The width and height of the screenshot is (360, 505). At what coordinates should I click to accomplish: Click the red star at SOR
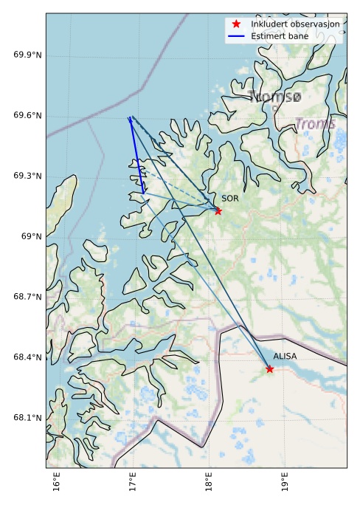pos(218,211)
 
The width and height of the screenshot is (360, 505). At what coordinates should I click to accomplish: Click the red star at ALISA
pos(269,369)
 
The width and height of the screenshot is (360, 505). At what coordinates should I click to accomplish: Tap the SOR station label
pos(230,199)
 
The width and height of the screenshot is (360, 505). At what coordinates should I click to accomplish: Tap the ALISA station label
pos(285,356)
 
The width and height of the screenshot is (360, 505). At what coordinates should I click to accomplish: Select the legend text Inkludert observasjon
pos(295,24)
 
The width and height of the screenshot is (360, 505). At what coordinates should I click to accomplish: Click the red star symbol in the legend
pos(236,24)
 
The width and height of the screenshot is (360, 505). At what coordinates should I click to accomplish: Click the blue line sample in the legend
pos(236,36)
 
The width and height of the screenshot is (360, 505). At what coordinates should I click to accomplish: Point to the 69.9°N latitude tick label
pos(27,55)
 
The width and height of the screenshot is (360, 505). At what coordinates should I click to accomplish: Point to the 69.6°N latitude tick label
pos(27,116)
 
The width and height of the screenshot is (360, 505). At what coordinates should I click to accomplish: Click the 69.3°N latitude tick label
pos(27,176)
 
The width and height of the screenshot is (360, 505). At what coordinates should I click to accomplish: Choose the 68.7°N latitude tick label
pos(27,297)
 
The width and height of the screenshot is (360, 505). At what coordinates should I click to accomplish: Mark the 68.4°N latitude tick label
pos(27,357)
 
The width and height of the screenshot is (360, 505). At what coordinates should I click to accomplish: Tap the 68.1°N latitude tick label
pos(27,418)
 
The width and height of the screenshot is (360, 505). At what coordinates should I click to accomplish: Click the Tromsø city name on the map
pos(274,97)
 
